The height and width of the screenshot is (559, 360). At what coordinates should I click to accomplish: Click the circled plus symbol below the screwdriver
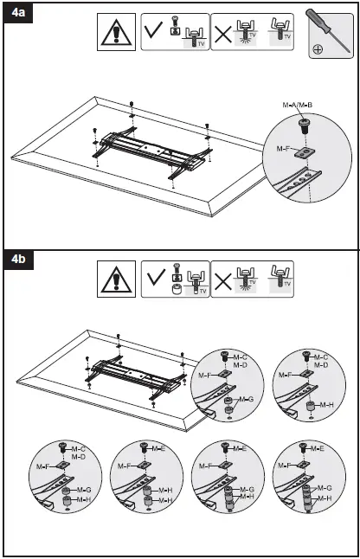click(318, 49)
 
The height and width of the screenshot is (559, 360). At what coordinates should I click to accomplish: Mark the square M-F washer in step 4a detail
click(304, 152)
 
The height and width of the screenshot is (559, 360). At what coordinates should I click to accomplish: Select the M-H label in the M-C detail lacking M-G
click(325, 404)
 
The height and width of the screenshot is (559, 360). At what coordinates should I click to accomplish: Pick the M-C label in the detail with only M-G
click(247, 356)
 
